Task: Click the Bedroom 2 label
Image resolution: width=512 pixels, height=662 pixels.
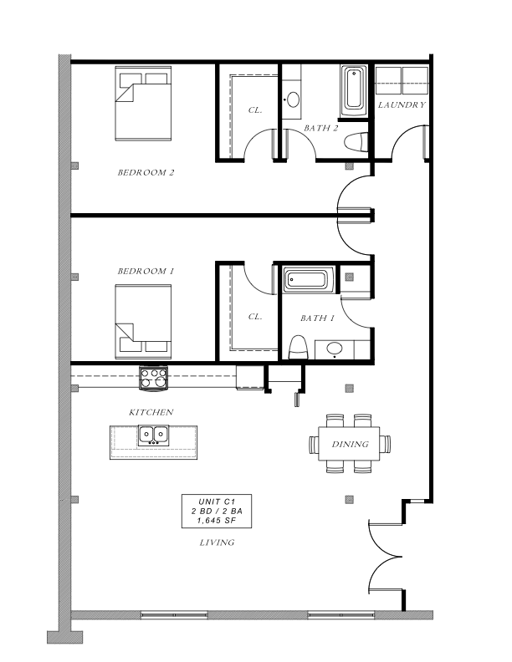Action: pos(146,172)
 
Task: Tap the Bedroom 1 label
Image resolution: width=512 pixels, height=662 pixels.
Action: pos(146,271)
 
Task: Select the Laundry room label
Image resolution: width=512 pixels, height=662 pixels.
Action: pos(402,104)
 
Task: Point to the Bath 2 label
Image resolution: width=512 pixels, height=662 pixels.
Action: pos(321,128)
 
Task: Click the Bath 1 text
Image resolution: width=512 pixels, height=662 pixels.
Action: pos(317,318)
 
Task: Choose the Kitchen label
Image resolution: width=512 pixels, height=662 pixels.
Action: pos(151,412)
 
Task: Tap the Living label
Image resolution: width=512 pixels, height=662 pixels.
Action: pos(217,542)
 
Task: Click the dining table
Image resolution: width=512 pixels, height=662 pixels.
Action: pos(350,444)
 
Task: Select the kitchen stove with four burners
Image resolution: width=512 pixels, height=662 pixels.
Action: pos(154,379)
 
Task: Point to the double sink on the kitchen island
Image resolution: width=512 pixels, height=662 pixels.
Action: pos(153,435)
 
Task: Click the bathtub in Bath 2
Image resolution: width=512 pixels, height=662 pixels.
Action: pos(354,91)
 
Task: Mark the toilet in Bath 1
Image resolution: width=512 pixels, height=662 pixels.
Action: pos(298,348)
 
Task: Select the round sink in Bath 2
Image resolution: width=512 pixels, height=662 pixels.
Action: pos(292,100)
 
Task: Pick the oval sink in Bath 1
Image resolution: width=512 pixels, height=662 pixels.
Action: pos(335,349)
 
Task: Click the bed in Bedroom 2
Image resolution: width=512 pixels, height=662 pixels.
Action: pos(143,104)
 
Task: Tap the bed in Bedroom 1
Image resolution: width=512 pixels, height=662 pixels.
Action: pos(143,322)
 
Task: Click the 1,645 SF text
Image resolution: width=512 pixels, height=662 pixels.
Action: pos(217,521)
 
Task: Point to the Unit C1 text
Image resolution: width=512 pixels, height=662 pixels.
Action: pos(217,502)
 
